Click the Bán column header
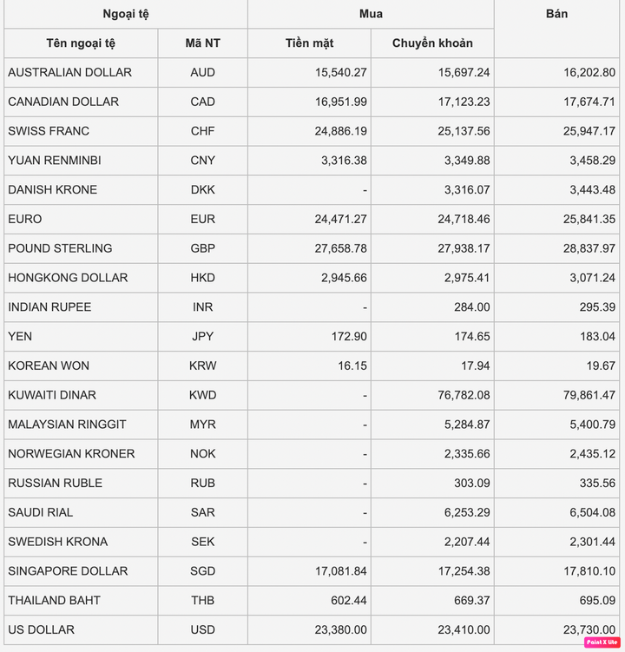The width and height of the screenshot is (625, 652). click(x=557, y=14)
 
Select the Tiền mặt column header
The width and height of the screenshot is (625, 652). click(x=309, y=43)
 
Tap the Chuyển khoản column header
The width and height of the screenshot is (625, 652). click(x=432, y=43)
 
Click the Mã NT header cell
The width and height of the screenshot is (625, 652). click(x=202, y=43)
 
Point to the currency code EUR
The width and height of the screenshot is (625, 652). click(x=202, y=219)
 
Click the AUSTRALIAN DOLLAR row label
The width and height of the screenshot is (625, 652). click(x=70, y=72)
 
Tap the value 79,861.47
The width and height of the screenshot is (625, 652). click(x=585, y=395)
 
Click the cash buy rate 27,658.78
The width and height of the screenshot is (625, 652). click(x=340, y=248)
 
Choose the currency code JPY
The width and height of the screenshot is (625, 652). click(x=202, y=336)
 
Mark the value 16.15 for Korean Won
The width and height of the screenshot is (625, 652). click(x=352, y=366)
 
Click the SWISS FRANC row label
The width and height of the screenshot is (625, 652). click(x=49, y=131)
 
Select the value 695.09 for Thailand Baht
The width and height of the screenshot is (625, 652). click(x=596, y=601)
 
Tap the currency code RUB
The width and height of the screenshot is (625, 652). click(x=202, y=483)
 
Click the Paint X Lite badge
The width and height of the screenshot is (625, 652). click(x=602, y=642)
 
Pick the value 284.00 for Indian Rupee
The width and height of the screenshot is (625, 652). click(x=471, y=307)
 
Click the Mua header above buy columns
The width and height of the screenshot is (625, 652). click(x=371, y=14)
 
